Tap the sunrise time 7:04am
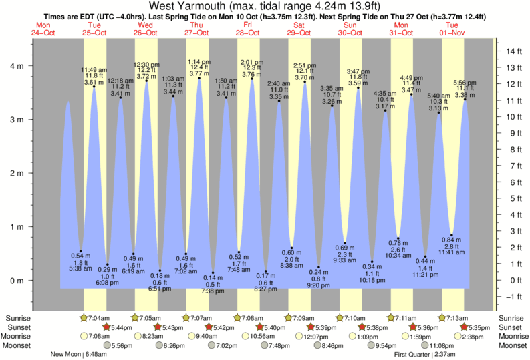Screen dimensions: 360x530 101,318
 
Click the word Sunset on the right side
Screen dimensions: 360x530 511,327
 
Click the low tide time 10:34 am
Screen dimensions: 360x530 399,256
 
